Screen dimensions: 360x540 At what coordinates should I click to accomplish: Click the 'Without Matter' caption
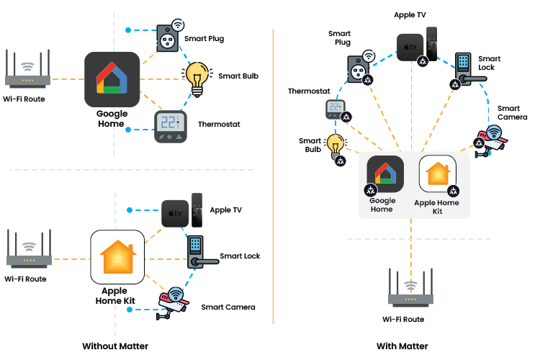point(115,346)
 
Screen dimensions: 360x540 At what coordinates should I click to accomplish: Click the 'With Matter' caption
point(402,346)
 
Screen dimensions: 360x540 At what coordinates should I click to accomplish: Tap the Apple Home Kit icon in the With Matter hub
point(437,175)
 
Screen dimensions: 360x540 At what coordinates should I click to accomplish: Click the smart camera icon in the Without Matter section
point(173,302)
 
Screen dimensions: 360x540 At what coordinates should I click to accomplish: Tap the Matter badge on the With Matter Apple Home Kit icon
point(453,191)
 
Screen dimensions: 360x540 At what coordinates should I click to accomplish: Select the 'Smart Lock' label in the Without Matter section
point(240,256)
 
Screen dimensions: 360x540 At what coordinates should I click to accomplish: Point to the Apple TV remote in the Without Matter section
point(197,211)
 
